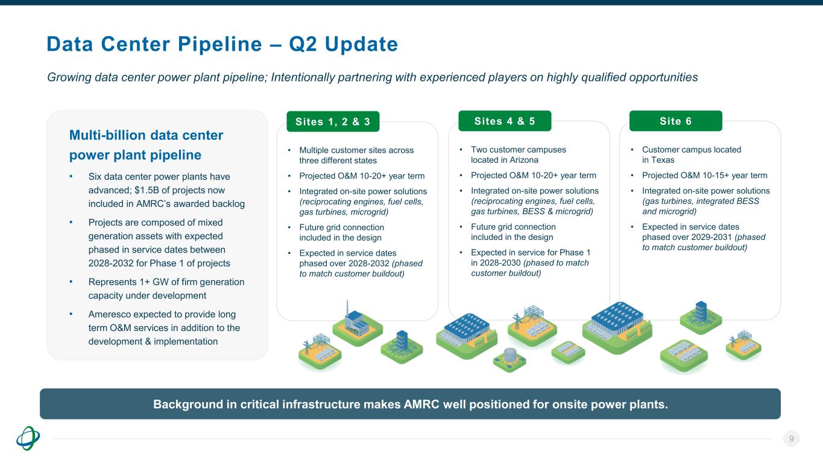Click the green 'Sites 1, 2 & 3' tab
pos(333,122)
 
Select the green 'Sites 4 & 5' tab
pos(505,121)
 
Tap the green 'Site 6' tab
pos(676,121)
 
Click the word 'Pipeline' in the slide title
pos(219,45)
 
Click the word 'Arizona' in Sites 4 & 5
pos(523,160)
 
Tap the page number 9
pos(792,438)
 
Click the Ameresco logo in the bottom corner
pos(28,438)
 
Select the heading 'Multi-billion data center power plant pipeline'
pos(147,145)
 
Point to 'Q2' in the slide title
pos(303,45)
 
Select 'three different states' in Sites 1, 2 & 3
pos(338,160)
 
